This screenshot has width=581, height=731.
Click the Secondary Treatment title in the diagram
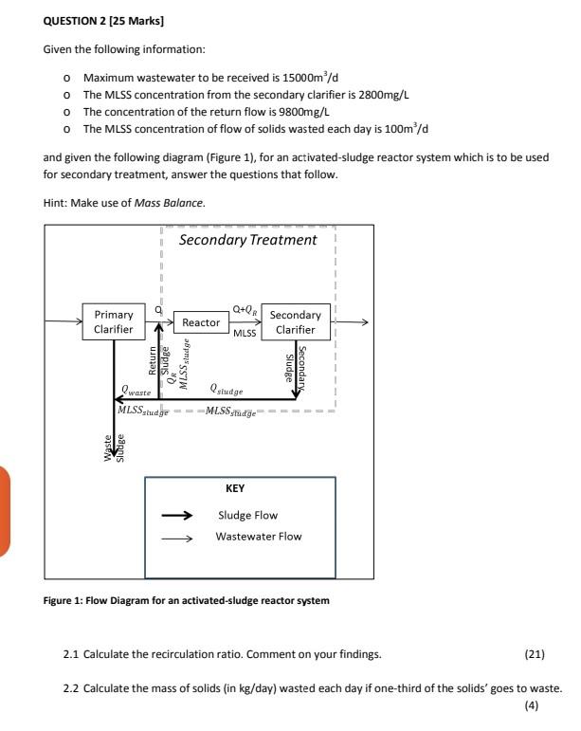[x=248, y=240]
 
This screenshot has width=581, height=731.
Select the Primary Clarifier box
[x=114, y=322]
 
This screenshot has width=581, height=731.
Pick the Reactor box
[x=201, y=323]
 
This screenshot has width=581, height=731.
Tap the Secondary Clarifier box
[x=295, y=322]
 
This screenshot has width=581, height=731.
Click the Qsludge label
[x=224, y=391]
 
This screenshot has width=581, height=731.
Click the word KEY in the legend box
[x=236, y=488]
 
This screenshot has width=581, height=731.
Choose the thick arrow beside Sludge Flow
[x=178, y=517]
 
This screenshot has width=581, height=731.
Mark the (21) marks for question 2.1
[x=535, y=654]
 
